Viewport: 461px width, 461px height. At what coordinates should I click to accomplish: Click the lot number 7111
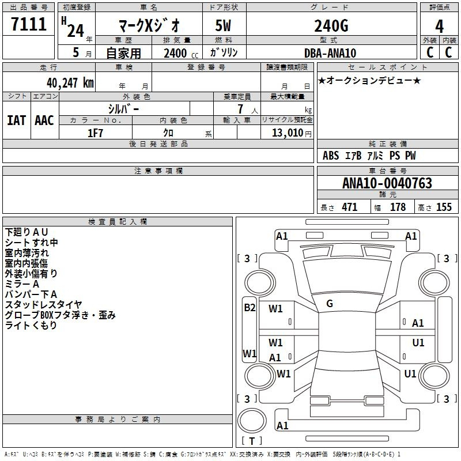click(29, 24)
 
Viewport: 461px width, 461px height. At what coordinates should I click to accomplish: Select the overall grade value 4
click(439, 26)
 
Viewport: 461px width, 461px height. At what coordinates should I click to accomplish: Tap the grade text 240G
click(331, 25)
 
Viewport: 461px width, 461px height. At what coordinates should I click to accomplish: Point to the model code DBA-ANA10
click(330, 53)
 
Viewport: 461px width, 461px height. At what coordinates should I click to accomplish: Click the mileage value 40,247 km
click(70, 83)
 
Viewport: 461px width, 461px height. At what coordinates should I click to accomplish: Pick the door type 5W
click(223, 25)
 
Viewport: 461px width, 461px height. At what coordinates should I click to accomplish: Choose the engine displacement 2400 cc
click(181, 54)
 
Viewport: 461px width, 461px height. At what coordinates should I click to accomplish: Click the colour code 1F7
click(95, 133)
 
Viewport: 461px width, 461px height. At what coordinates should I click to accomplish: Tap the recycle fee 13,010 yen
click(292, 133)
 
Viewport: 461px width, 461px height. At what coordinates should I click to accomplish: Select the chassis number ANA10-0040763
click(387, 183)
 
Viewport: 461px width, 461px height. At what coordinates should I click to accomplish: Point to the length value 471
click(350, 207)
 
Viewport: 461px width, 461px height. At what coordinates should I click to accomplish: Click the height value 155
click(444, 207)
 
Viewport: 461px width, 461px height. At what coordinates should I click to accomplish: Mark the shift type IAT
click(17, 120)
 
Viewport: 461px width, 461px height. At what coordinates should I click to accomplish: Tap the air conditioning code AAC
click(44, 120)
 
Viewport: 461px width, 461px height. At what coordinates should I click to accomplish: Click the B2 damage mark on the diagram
click(250, 308)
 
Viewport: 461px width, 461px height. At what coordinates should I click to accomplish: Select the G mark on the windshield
click(330, 304)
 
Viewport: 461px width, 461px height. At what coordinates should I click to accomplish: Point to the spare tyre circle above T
click(252, 421)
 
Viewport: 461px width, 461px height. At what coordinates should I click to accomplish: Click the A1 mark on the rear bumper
click(282, 425)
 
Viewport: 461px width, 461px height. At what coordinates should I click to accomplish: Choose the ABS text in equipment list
click(331, 156)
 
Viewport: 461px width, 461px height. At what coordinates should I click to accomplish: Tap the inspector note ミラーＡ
click(22, 284)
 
